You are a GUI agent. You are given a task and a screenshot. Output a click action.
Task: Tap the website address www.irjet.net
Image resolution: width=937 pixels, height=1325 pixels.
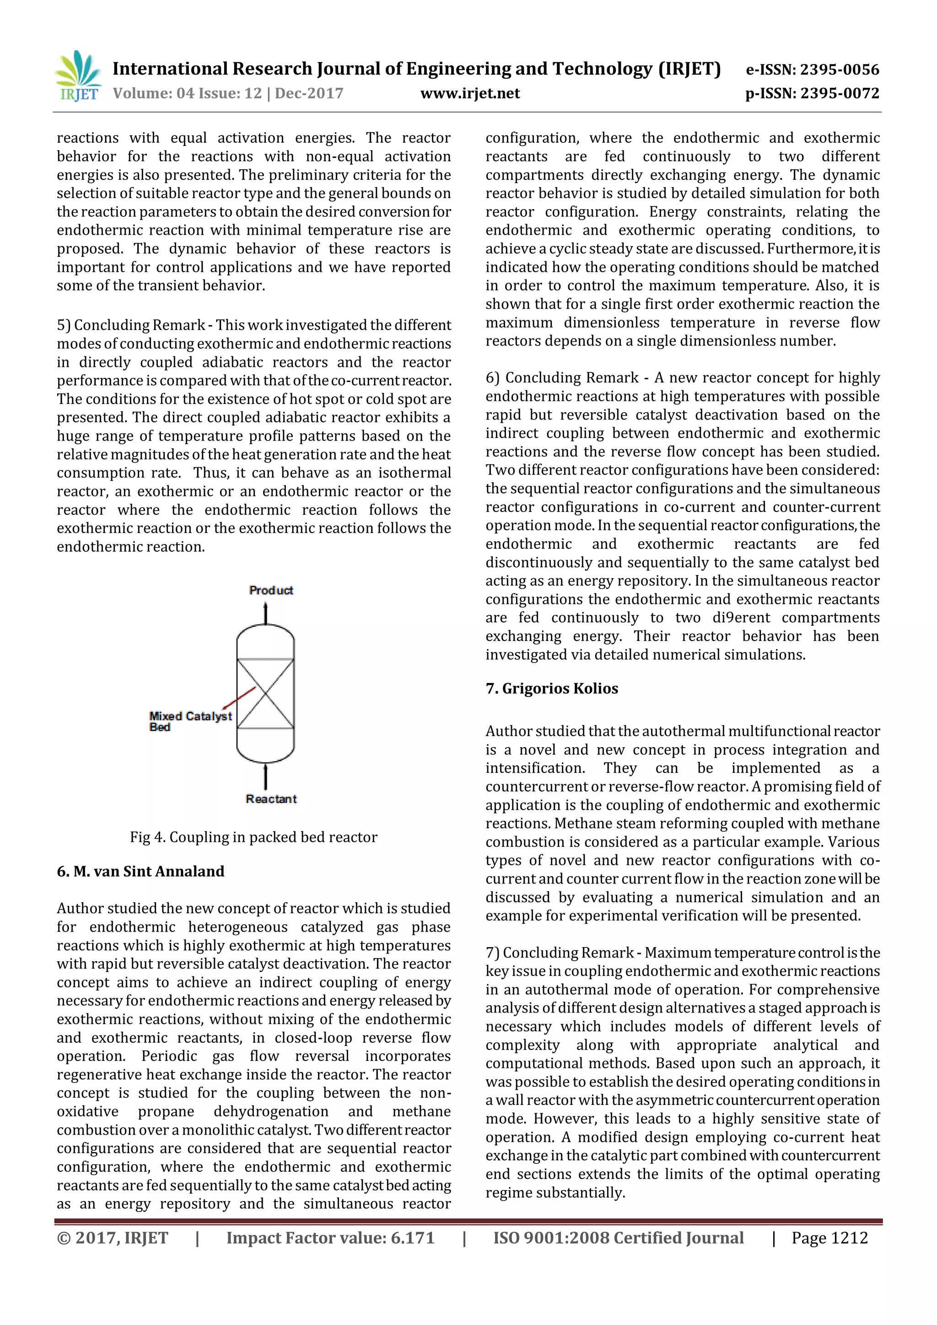(x=470, y=93)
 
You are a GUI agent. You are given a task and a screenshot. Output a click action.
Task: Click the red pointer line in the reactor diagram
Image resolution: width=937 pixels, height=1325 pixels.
(x=239, y=698)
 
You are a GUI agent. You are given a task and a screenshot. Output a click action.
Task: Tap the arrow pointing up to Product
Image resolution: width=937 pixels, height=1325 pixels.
(x=265, y=613)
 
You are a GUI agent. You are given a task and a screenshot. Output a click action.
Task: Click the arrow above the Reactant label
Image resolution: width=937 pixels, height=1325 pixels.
(x=265, y=776)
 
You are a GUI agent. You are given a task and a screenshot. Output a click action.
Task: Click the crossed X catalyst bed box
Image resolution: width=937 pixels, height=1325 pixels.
(x=265, y=694)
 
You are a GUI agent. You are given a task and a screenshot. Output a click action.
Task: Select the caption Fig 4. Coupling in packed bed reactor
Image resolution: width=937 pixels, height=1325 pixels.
(x=253, y=837)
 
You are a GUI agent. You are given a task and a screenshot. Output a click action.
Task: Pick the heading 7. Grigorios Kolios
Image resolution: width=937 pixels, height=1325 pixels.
(x=552, y=689)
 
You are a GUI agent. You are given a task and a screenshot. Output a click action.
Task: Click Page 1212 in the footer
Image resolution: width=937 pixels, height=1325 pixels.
(x=829, y=1238)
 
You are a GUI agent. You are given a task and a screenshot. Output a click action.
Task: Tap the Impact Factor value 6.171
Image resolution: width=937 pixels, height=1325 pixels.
(x=330, y=1238)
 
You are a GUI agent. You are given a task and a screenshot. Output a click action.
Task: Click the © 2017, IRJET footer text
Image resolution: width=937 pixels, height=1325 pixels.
(x=113, y=1238)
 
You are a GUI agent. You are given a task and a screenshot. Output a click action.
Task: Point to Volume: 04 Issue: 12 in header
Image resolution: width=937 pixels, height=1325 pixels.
(x=187, y=93)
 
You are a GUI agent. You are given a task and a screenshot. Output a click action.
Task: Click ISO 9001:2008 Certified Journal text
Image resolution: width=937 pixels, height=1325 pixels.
(x=618, y=1238)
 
